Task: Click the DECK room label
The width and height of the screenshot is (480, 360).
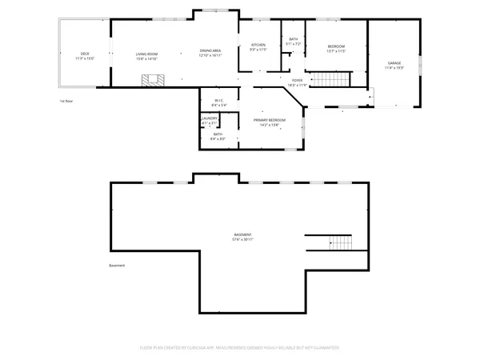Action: point(85,54)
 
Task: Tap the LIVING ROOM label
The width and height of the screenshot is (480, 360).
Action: point(146,54)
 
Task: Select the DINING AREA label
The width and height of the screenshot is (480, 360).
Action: point(210,50)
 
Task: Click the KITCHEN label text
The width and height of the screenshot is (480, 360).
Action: point(258,45)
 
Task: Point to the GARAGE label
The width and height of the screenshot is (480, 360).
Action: point(394,63)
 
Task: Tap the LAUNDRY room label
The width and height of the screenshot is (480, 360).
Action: point(210,118)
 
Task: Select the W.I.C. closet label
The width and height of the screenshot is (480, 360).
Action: point(218,101)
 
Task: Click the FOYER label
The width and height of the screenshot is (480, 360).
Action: point(297,81)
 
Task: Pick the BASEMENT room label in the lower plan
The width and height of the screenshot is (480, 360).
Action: point(242,234)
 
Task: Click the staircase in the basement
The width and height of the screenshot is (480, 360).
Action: point(342,242)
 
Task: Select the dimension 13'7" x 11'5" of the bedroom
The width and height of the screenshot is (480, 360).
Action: point(336,51)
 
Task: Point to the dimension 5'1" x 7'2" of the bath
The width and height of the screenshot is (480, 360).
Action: point(294,43)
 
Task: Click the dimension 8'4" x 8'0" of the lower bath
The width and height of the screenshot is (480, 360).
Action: point(218,138)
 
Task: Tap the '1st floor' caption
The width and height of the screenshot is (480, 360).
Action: point(66,102)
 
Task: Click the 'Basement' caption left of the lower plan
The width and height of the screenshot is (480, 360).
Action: point(118,266)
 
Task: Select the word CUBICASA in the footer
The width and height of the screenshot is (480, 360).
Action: point(189,348)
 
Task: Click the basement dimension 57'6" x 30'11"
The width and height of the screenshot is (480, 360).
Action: point(242,239)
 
